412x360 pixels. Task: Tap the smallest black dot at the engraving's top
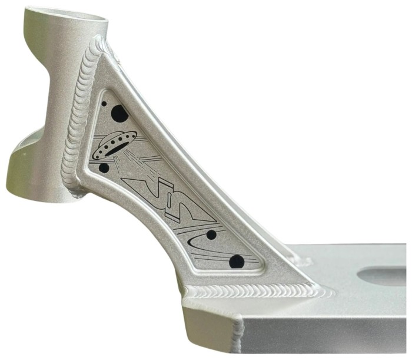pyautogui.click(x=104, y=104)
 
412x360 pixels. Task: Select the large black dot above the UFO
pyautogui.click(x=119, y=113)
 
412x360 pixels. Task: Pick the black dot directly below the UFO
pyautogui.click(x=104, y=168)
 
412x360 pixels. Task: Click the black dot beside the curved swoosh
pyautogui.click(x=211, y=235)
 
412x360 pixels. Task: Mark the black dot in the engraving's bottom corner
pyautogui.click(x=237, y=261)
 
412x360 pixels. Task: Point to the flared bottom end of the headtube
pyautogui.click(x=35, y=177)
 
